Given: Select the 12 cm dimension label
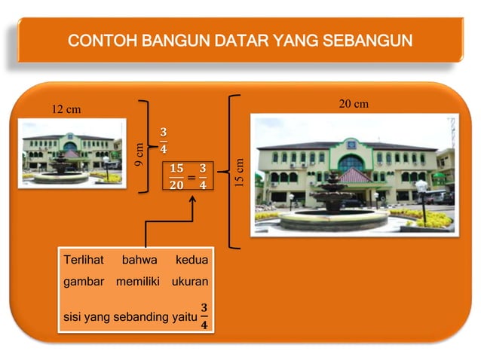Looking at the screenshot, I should [66, 110].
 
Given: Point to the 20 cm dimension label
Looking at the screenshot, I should [353, 104].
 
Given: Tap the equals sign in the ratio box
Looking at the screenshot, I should [191, 177].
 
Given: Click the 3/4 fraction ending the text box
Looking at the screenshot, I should [203, 316].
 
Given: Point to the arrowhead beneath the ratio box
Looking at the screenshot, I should [193, 202].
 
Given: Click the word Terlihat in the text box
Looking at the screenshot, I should [84, 261].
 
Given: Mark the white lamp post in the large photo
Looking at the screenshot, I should [421, 198].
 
